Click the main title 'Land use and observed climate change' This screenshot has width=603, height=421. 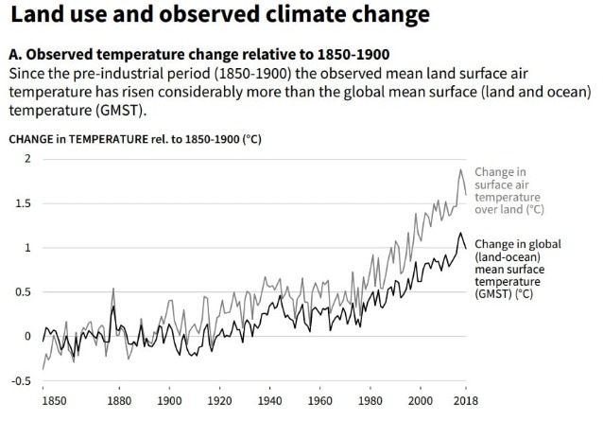207,16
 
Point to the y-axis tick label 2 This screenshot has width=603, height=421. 27,159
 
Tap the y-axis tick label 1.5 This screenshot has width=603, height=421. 23,203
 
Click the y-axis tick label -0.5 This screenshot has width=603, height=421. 21,380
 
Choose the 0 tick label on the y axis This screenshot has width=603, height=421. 27,336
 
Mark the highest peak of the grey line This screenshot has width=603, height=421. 460,170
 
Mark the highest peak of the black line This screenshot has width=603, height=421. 460,233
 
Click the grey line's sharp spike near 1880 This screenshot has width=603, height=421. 113,289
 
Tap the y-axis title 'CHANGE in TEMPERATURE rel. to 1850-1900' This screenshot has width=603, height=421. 134,138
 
